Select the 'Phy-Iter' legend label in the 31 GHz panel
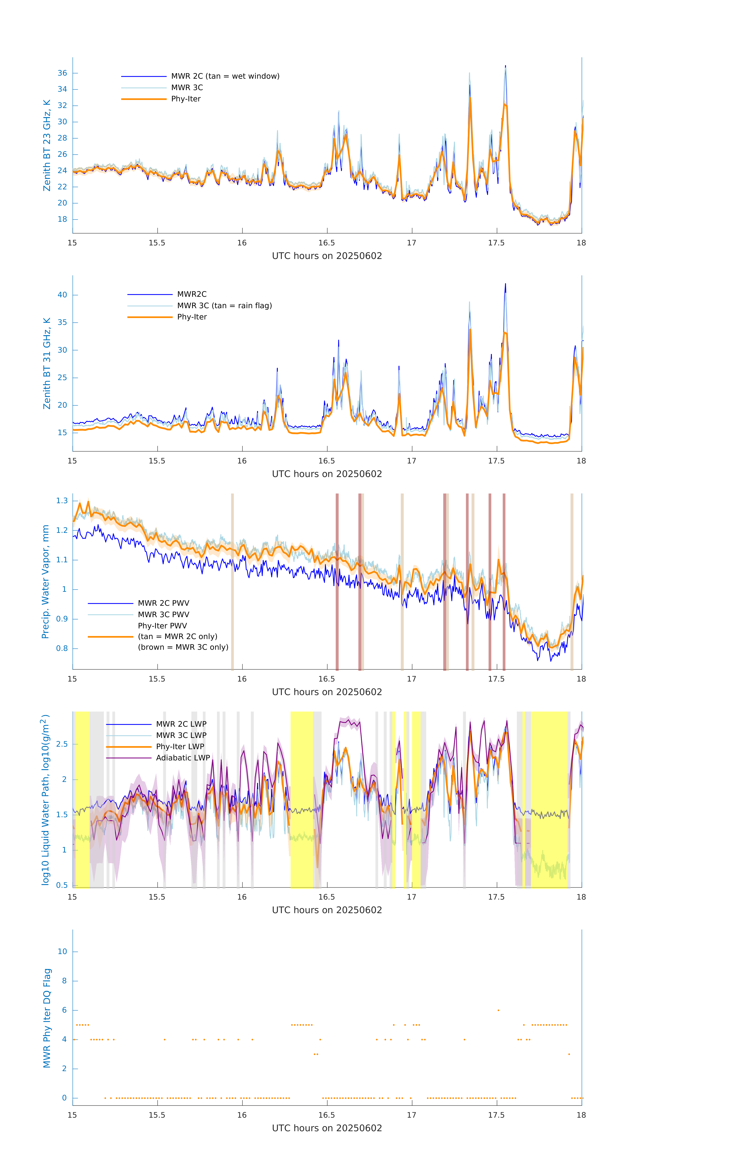[192, 317]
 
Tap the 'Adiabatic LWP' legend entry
[183, 758]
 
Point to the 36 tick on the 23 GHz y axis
[62, 73]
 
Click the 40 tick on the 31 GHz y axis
[62, 295]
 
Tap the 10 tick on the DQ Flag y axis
[62, 952]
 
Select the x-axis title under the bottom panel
[327, 1128]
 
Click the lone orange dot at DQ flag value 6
[498, 1010]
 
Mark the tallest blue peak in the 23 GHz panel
[505, 66]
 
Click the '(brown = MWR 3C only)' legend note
[183, 647]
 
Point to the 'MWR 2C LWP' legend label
[181, 724]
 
